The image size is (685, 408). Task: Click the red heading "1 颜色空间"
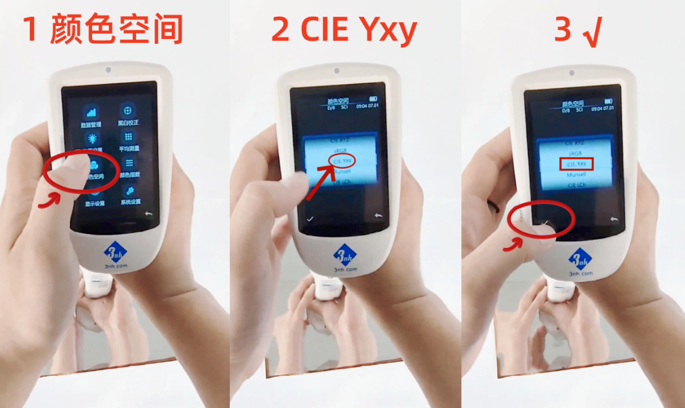tap(103, 29)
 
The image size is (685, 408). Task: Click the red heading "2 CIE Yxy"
tap(344, 29)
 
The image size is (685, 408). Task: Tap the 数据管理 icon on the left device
tap(91, 114)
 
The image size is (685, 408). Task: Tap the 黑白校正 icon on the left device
tap(128, 113)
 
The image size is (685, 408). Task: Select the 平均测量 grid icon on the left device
tap(129, 138)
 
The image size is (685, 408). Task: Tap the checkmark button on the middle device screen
tap(309, 219)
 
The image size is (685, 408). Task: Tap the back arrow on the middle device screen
tap(378, 216)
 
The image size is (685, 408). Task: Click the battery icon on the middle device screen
tap(373, 99)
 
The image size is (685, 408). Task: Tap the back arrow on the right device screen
tap(613, 219)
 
